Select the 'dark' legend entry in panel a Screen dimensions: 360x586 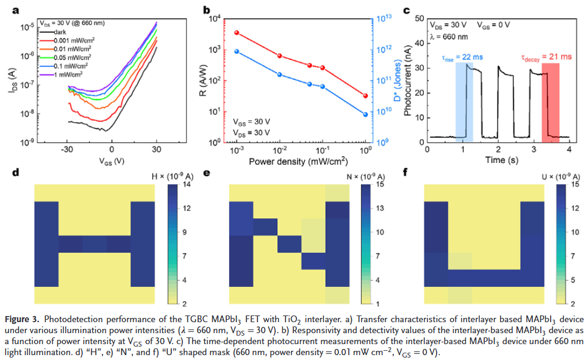tap(60, 31)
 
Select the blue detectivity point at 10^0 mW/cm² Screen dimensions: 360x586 tap(365, 114)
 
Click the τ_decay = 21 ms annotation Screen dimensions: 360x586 tap(546, 56)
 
